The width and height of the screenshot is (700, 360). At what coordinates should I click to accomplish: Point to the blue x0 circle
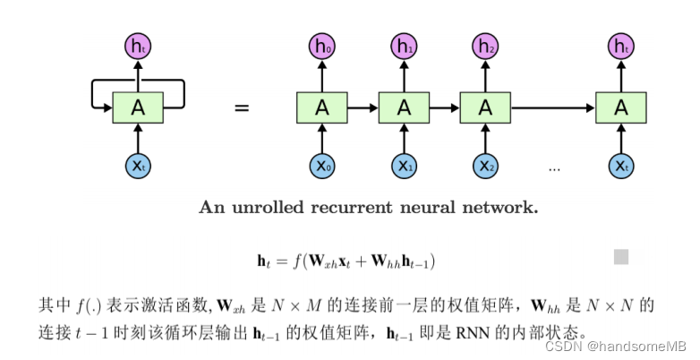point(321,166)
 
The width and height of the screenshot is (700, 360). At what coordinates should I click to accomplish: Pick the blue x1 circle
point(404,166)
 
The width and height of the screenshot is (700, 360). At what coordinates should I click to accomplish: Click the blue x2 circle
point(485,166)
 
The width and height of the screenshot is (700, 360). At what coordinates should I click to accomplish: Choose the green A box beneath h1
point(404,107)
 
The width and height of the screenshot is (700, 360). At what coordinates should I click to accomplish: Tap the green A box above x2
point(485,107)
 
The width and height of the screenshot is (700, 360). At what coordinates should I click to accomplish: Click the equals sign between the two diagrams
point(241,108)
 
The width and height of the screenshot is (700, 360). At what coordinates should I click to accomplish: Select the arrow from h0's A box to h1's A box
point(363,107)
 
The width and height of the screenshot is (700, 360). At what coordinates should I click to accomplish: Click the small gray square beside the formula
point(620,257)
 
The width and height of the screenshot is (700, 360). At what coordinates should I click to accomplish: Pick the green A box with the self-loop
point(137,107)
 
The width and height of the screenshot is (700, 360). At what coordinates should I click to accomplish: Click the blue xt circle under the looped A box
point(137,166)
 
